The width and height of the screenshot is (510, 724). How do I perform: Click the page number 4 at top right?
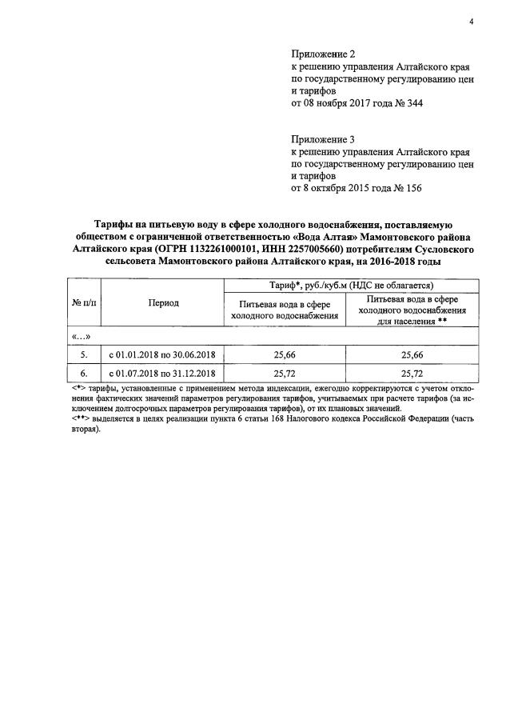(472, 22)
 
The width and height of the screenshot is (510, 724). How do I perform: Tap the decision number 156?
(410, 189)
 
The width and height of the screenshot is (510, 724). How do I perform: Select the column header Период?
(163, 304)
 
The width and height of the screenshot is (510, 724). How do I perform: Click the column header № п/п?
(83, 304)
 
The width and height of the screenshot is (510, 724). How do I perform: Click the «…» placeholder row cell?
(82, 337)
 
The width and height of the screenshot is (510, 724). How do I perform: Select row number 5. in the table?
(83, 354)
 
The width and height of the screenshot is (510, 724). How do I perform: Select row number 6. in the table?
(83, 373)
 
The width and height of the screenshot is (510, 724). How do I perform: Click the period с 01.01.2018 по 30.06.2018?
(163, 354)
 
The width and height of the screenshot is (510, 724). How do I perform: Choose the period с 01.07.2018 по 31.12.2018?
(163, 373)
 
